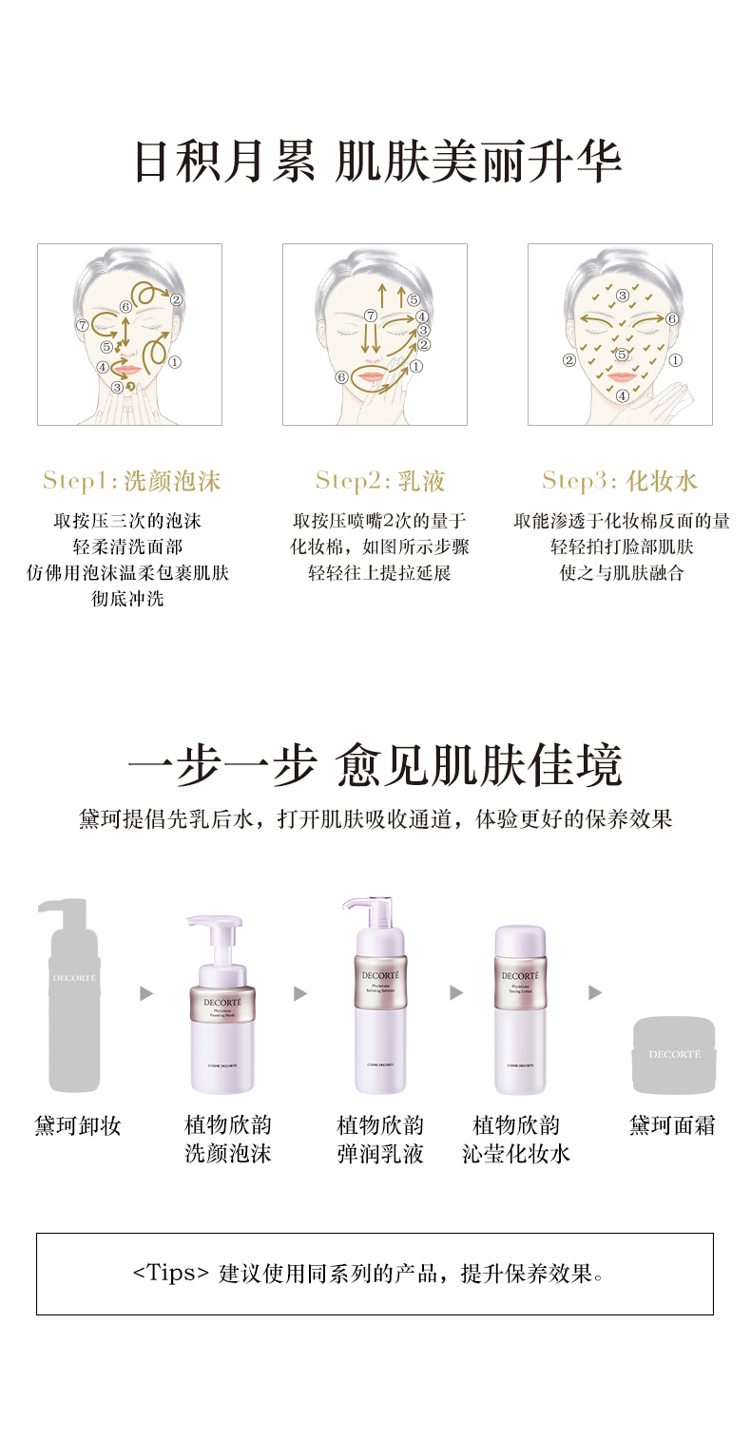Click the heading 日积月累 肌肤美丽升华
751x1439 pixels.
click(376, 162)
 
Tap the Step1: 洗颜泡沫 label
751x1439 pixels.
click(131, 481)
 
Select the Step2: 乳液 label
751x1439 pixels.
click(379, 481)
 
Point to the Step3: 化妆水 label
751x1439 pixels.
click(620, 481)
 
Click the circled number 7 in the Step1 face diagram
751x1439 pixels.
click(83, 324)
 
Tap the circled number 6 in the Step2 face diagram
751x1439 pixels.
click(341, 377)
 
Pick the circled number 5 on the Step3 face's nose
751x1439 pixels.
click(622, 355)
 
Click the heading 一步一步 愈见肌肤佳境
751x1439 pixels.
click(375, 767)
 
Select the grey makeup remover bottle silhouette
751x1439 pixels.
click(74, 998)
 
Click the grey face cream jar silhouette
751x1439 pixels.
click(674, 1055)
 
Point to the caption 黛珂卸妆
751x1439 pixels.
click(78, 1126)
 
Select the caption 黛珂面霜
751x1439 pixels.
click(672, 1126)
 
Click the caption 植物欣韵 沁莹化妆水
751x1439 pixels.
click(516, 1140)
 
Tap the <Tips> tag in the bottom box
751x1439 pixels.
click(171, 1274)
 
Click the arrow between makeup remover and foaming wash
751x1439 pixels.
click(146, 993)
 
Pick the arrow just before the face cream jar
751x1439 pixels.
click(595, 993)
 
